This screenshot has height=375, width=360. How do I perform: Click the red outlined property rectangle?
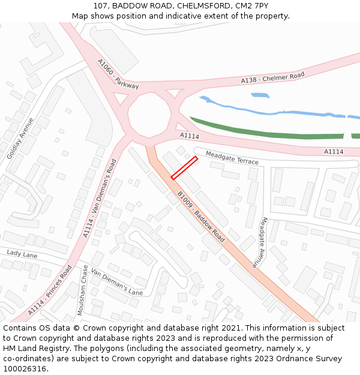(184, 168)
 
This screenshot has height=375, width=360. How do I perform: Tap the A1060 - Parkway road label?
(118, 74)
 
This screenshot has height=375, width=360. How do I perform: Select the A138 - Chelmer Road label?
(272, 77)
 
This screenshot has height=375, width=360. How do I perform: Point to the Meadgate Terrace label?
(232, 158)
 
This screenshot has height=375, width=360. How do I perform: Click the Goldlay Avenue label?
(20, 138)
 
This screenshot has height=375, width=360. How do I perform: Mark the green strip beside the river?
(270, 133)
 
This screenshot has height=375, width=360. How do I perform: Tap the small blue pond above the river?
(260, 95)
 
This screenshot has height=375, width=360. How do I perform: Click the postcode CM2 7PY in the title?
(253, 5)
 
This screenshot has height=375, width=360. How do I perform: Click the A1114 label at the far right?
(334, 152)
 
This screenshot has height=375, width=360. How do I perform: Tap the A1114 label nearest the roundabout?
(190, 136)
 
